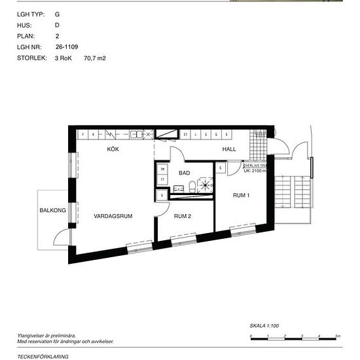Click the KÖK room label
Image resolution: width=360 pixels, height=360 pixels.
(115, 150)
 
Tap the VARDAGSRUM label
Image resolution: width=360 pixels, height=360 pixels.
(109, 215)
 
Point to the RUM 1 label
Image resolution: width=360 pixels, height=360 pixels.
(242, 196)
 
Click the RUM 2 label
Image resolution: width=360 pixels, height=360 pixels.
(182, 216)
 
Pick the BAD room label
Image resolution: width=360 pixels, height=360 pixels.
(185, 173)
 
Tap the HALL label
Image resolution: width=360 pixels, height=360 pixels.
(229, 150)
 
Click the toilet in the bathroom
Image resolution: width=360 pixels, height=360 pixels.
(189, 189)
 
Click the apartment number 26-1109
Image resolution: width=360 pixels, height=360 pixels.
(67, 47)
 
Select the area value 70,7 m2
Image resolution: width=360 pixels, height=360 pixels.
(95, 58)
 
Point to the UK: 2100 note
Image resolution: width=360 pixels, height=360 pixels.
(255, 171)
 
